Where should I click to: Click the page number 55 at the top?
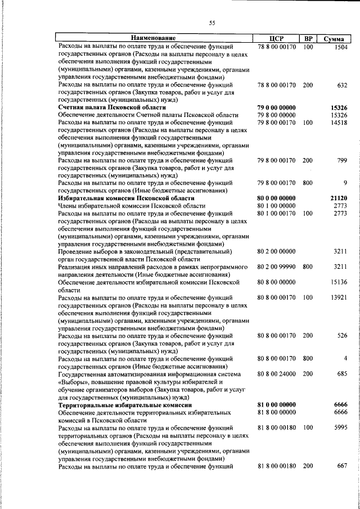(212, 23)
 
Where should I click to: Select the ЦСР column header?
(276, 38)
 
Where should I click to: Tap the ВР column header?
(308, 38)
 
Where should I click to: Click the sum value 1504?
(340, 47)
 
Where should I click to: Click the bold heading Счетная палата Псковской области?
(112, 107)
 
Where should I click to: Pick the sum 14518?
(339, 122)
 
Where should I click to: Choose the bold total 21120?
(339, 198)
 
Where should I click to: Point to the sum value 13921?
(339, 297)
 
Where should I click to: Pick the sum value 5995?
(340, 428)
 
